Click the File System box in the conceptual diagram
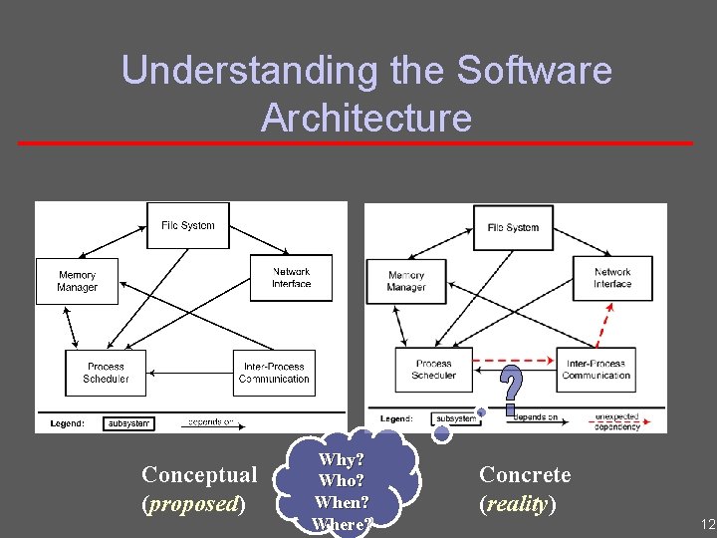coord(188,226)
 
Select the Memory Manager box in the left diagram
coord(77,281)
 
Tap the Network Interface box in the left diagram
coord(291,277)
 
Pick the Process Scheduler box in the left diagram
coord(106,373)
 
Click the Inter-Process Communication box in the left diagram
coord(275,373)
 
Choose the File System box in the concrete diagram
coord(514,228)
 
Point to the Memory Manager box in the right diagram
coord(405,282)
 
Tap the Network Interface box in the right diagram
coord(612,278)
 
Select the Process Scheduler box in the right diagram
coord(433,370)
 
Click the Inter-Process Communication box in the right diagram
coord(596,370)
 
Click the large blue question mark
coord(511,390)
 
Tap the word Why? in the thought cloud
coord(341,459)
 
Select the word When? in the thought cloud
coord(341,502)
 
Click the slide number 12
coord(707,524)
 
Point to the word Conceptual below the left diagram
coord(198,474)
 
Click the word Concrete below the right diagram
coord(525,474)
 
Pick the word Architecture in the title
coord(365,118)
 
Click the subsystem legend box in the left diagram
coord(127,422)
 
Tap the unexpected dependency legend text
coord(617,421)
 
